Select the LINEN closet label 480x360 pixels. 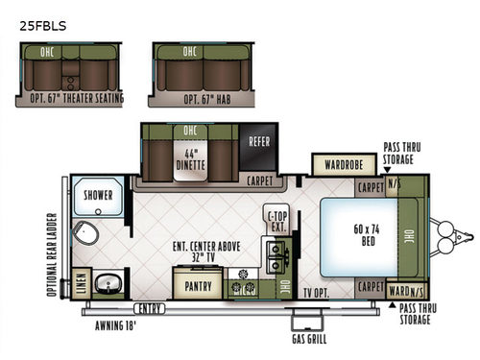click(78, 283)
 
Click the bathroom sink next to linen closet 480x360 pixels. click(108, 282)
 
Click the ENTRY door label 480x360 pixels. click(149, 308)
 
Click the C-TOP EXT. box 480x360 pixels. click(276, 221)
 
